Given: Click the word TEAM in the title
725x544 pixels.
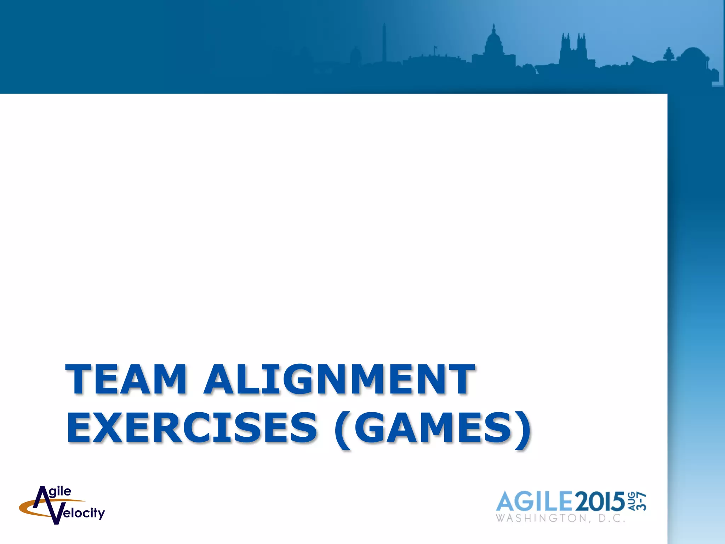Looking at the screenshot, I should point(126,379).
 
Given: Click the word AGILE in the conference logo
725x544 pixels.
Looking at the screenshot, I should point(534,501).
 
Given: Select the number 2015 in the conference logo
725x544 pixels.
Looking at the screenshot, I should point(600,501).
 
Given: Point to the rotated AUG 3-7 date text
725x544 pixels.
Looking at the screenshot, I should point(637,501).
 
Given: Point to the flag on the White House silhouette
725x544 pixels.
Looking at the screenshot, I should point(436,47).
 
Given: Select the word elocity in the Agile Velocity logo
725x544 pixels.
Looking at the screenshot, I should point(84,513).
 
